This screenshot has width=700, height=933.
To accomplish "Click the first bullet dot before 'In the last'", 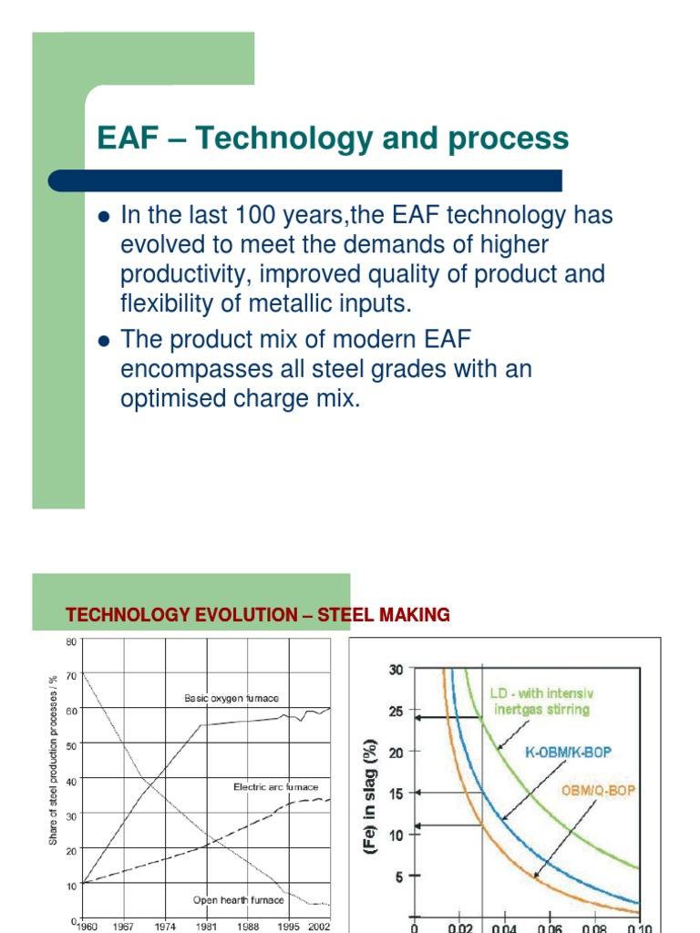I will click(x=102, y=217).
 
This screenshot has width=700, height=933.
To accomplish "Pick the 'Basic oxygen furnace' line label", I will click(x=231, y=699).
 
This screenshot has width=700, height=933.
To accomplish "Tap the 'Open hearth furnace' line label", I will click(x=238, y=900).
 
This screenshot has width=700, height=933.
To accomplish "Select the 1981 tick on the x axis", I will click(x=207, y=926).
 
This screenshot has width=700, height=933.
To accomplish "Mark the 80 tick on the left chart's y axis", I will click(x=71, y=642).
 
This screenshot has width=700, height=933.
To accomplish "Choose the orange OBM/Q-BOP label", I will click(x=597, y=791).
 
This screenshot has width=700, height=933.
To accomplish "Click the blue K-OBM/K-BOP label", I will click(x=568, y=753).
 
